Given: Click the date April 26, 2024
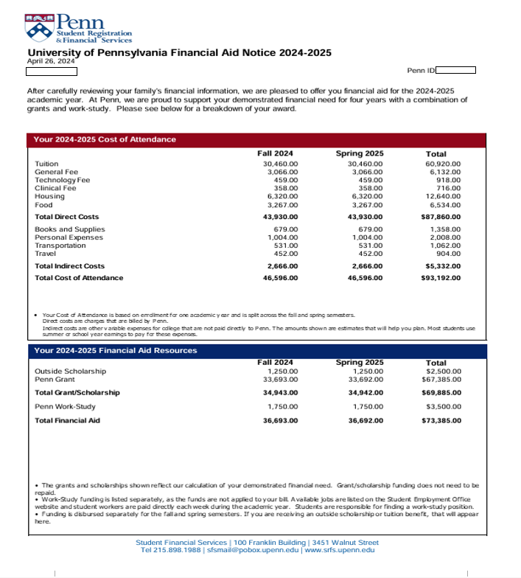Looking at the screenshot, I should tap(46, 62).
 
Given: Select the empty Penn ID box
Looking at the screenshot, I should tap(455, 71).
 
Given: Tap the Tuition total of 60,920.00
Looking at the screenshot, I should tap(443, 164).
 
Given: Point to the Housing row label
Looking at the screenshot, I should tap(50, 197).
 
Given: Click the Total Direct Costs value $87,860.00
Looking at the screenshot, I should tap(441, 217).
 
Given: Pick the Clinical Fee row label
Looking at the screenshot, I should tap(55, 189).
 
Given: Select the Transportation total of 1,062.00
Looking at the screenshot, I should tap(444, 246).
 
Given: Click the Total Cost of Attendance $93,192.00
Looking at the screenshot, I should tap(441, 278).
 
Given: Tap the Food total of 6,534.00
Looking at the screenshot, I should tap(444, 205).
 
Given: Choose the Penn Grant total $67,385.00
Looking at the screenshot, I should tap(441, 379).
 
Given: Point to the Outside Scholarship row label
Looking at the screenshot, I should tap(71, 371).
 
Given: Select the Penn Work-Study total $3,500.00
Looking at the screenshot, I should tap(443, 406).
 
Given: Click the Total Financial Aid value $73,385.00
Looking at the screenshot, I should tap(441, 420).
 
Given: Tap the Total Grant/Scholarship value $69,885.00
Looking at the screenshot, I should tap(441, 393).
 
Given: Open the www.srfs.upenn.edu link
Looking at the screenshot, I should tap(340, 550).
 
